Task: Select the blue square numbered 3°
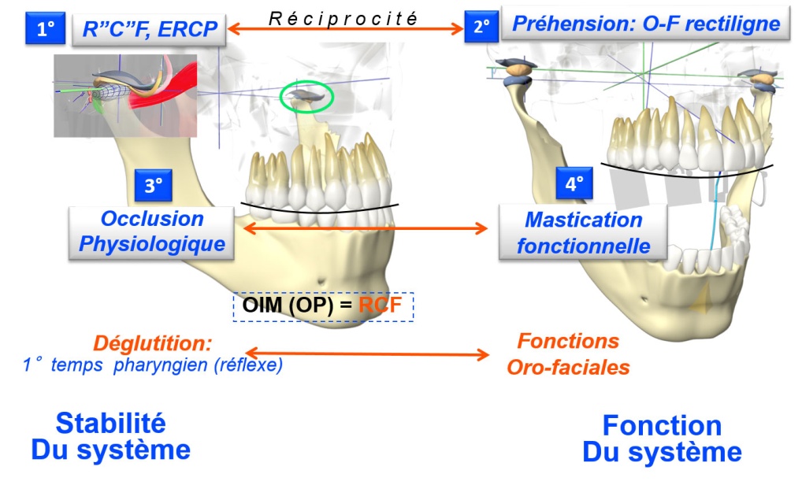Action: (153, 186)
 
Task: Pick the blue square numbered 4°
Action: (574, 184)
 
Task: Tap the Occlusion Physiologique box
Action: (152, 231)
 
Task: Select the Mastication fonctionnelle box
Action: (583, 233)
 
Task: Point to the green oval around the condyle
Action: (307, 97)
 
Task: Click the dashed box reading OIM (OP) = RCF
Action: (323, 305)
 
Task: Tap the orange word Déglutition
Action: (152, 343)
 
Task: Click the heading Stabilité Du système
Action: (110, 436)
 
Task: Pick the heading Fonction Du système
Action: (661, 439)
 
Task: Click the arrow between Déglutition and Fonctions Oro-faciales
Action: (368, 354)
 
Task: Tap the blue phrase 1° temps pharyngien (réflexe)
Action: (153, 365)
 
